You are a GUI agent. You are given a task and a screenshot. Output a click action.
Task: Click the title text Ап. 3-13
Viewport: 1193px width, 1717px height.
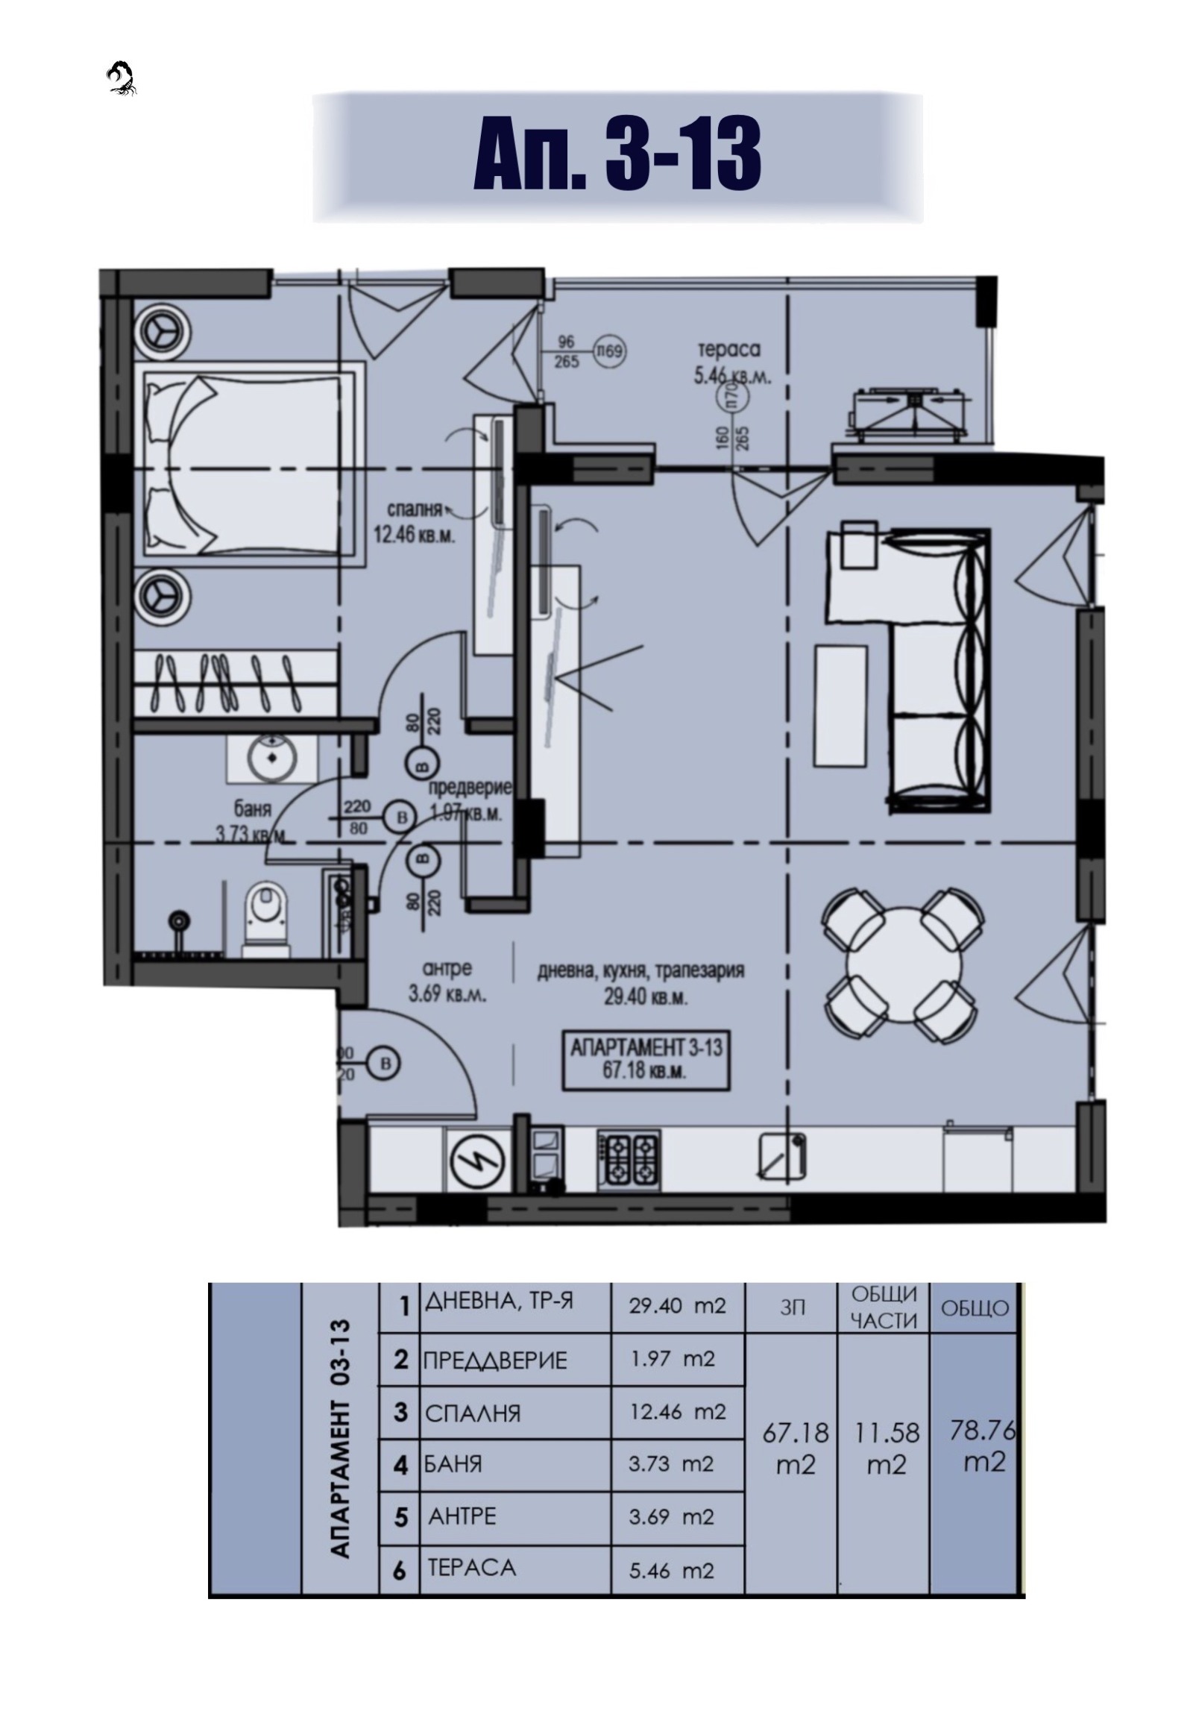click(x=617, y=155)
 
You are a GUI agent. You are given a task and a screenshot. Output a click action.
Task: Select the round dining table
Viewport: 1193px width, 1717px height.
click(x=904, y=964)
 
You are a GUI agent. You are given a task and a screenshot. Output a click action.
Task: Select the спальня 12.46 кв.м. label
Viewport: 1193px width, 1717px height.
click(x=415, y=522)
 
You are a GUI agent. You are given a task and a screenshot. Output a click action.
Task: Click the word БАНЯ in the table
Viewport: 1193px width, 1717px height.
click(x=454, y=1463)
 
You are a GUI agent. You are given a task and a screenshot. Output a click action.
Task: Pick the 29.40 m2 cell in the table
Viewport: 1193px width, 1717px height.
click(x=677, y=1307)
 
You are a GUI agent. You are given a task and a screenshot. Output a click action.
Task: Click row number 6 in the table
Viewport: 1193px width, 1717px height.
click(x=400, y=1571)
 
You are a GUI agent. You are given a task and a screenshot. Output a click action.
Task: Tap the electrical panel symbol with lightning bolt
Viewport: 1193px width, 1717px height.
click(x=478, y=1161)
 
